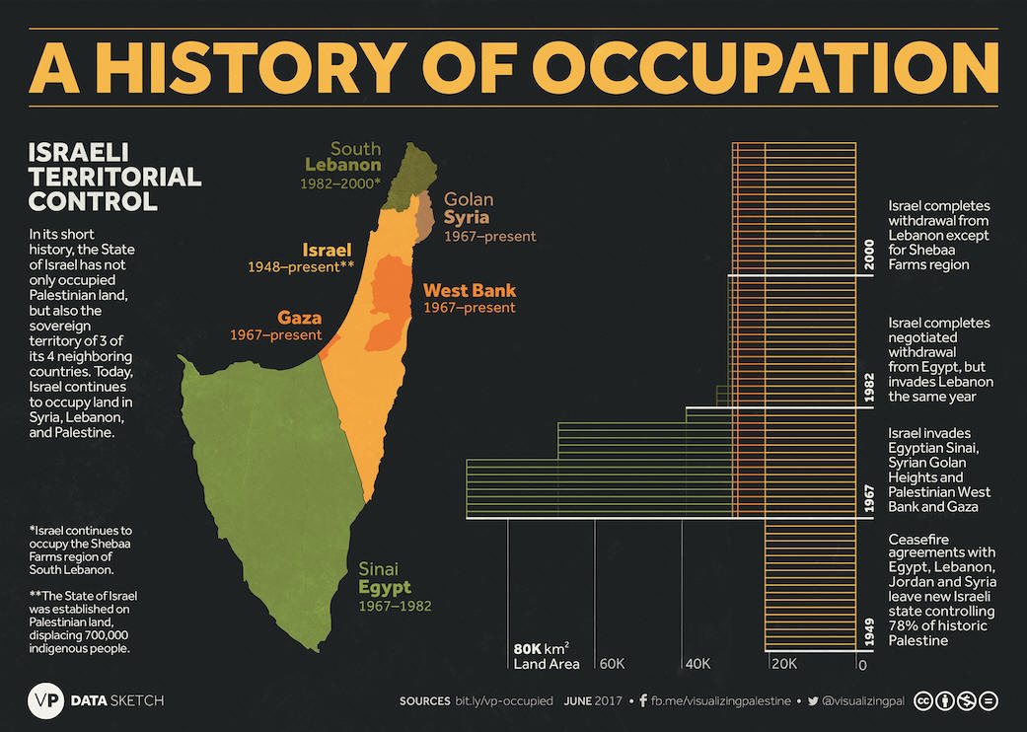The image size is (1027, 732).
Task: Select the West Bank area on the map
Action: (391, 301)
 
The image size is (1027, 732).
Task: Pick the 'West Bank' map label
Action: (470, 290)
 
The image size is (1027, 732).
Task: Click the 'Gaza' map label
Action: (299, 317)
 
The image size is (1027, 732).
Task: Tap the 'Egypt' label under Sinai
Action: (384, 587)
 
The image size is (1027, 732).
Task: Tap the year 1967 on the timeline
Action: (869, 497)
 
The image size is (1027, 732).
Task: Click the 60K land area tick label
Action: (615, 665)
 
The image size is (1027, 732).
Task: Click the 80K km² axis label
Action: (541, 649)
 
